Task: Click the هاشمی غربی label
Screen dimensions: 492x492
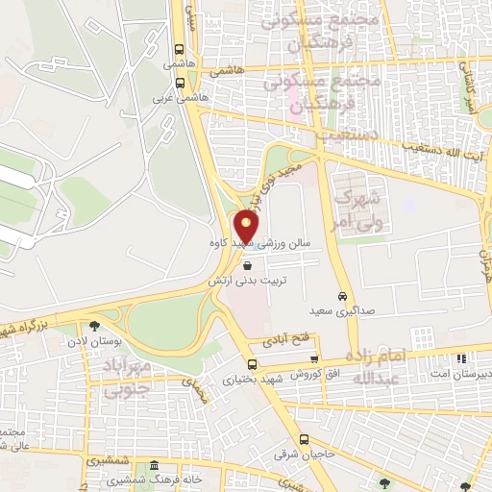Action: pyautogui.click(x=174, y=97)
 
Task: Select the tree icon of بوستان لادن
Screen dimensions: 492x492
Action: pyautogui.click(x=94, y=327)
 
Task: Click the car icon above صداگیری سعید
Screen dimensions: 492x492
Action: pyautogui.click(x=343, y=296)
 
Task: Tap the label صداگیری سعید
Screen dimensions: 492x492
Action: pyautogui.click(x=335, y=312)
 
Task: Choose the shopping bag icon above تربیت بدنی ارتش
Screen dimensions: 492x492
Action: pyautogui.click(x=249, y=266)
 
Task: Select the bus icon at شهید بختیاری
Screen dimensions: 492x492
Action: pyautogui.click(x=252, y=364)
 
